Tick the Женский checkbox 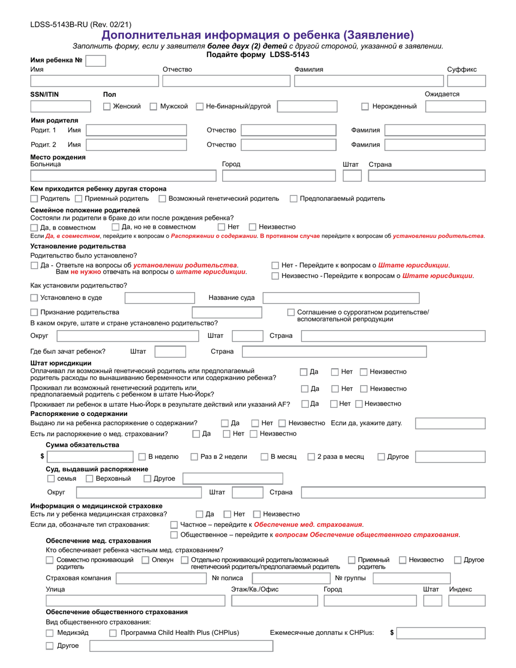coord(107,106)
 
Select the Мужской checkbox coord(154,106)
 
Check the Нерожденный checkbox coord(365,106)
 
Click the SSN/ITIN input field coord(61,106)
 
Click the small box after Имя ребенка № coord(96,61)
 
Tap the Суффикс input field coord(466,81)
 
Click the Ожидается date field coord(455,106)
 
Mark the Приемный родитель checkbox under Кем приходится coord(79,199)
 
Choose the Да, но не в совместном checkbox coord(115,227)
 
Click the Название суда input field coord(341,298)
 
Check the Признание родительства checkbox coord(34,312)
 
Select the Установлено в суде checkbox coord(34,298)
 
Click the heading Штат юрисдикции coord(61,363)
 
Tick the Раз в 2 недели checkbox coord(194,457)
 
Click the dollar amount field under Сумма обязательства coord(90,457)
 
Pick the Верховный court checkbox coord(90,478)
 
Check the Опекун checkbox coord(145,560)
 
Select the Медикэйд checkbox coord(49,633)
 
